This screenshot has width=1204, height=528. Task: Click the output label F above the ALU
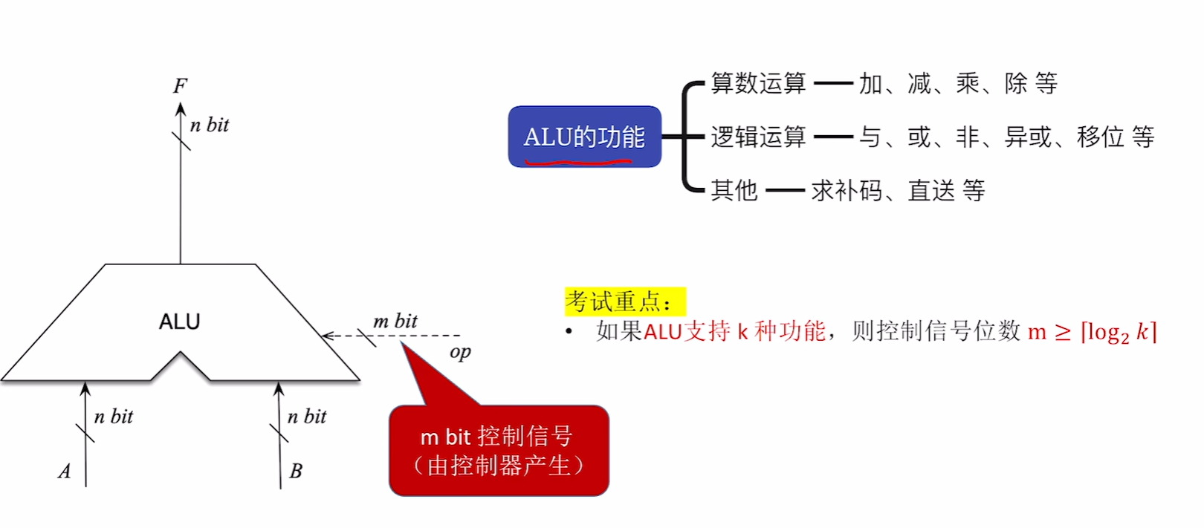coord(180,86)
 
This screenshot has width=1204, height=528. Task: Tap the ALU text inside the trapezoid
coord(180,322)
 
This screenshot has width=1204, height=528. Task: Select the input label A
coord(65,472)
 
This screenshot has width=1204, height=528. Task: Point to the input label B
coord(295,472)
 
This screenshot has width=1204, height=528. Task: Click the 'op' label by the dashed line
coord(460,352)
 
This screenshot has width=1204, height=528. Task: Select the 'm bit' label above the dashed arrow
coord(395,321)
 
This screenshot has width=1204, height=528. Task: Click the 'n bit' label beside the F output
coord(210,125)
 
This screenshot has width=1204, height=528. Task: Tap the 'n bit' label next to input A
coord(114,417)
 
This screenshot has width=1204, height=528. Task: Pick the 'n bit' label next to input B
coord(307,417)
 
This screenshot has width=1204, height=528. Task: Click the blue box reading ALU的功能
coord(584,137)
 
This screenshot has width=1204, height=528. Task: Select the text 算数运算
coord(758,83)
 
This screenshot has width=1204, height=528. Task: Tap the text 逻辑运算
coord(758,137)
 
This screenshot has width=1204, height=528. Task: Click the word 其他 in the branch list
coord(734,191)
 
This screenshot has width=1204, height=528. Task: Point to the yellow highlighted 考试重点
coord(618,302)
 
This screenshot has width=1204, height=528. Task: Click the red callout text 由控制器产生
coord(499,466)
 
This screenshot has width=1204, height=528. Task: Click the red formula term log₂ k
coord(1119,331)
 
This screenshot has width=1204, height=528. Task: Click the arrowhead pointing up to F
coord(181,109)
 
